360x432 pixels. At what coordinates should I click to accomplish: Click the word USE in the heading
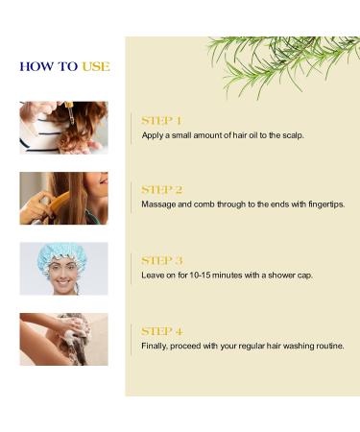click(x=95, y=66)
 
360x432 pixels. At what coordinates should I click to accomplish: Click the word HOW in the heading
click(x=36, y=66)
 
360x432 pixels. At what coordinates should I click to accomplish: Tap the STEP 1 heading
click(x=161, y=121)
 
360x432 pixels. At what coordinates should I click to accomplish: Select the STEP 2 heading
click(x=161, y=190)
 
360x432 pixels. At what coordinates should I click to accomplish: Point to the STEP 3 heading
click(x=161, y=260)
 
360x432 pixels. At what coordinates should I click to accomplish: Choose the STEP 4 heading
click(x=161, y=331)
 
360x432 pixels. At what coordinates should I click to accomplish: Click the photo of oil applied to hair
click(x=63, y=128)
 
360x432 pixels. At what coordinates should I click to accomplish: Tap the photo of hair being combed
click(x=63, y=198)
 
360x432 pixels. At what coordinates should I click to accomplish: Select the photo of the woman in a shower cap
click(x=63, y=268)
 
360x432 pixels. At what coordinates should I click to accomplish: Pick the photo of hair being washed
click(x=63, y=339)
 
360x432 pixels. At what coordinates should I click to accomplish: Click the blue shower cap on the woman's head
click(x=62, y=254)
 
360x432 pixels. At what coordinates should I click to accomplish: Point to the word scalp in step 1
click(x=290, y=135)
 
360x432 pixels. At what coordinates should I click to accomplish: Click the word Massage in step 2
click(x=159, y=205)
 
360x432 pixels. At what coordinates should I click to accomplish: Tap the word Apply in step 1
click(x=153, y=135)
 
